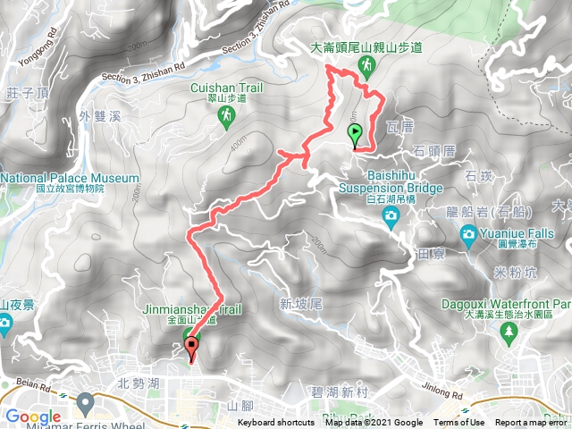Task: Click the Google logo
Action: (33, 416)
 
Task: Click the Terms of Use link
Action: (458, 423)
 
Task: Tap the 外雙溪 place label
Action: (98, 116)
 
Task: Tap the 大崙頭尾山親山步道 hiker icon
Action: (366, 65)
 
